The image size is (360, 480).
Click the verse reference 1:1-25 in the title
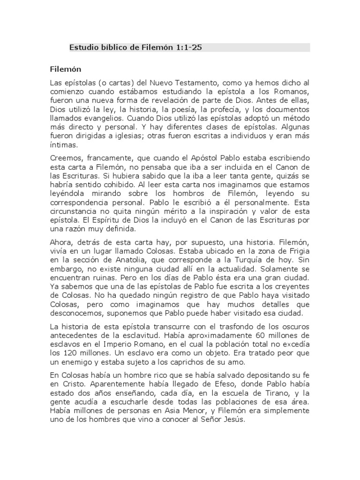pyautogui.click(x=187, y=47)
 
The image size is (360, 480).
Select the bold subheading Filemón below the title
pyautogui.click(x=66, y=69)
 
